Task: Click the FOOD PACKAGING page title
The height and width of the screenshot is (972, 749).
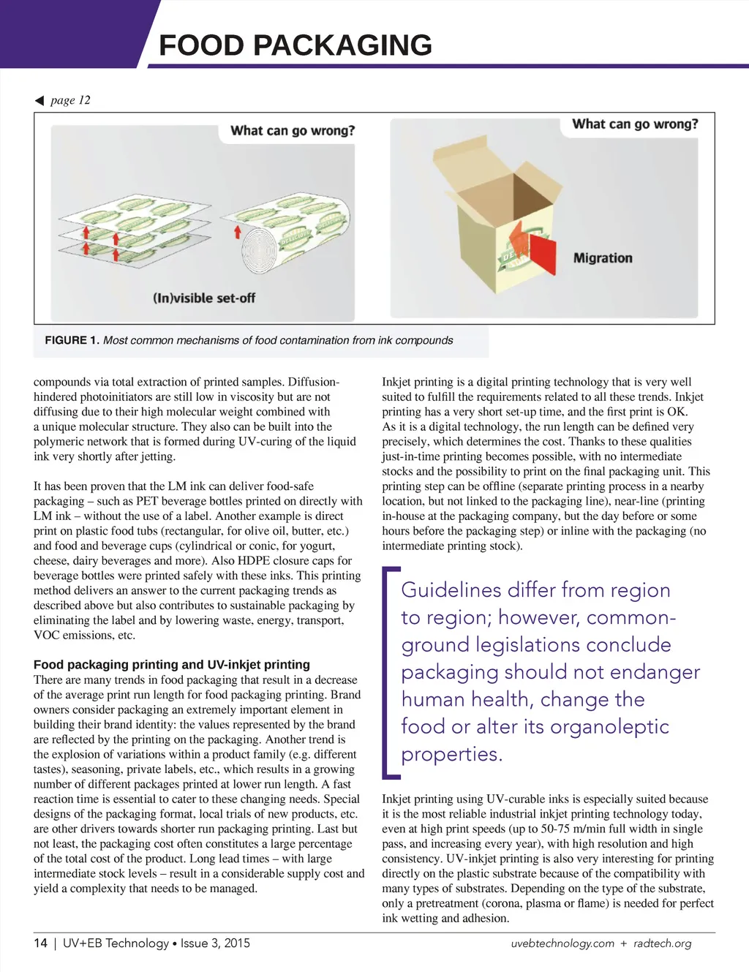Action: click(x=296, y=45)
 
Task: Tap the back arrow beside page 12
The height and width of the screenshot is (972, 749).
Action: click(x=39, y=100)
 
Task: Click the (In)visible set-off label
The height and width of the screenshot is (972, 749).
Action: click(x=204, y=298)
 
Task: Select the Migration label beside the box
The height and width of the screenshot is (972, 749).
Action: click(x=603, y=258)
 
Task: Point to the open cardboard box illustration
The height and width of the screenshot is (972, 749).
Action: click(x=497, y=212)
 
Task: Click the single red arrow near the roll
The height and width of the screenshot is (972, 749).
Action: click(x=237, y=233)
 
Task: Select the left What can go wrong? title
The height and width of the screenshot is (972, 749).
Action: click(x=293, y=131)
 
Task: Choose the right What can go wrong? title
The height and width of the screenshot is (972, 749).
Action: click(x=635, y=124)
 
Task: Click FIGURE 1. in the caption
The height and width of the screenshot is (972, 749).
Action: click(x=72, y=340)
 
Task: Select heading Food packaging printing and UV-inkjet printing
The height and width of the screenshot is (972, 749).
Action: click(x=172, y=664)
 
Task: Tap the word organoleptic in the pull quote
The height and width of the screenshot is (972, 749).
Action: click(x=609, y=726)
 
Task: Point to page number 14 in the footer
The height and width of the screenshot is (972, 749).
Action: click(x=40, y=943)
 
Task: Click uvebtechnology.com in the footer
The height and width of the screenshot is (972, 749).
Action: click(x=562, y=943)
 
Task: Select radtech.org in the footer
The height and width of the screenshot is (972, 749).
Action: click(x=662, y=943)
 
